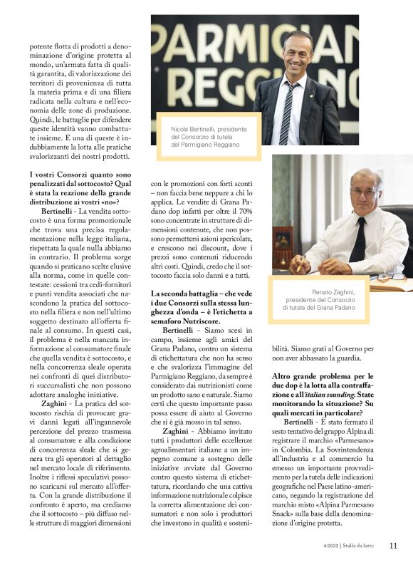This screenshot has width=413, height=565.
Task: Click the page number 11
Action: [393, 546]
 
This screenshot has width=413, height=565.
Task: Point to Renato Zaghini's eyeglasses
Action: [365, 192]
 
